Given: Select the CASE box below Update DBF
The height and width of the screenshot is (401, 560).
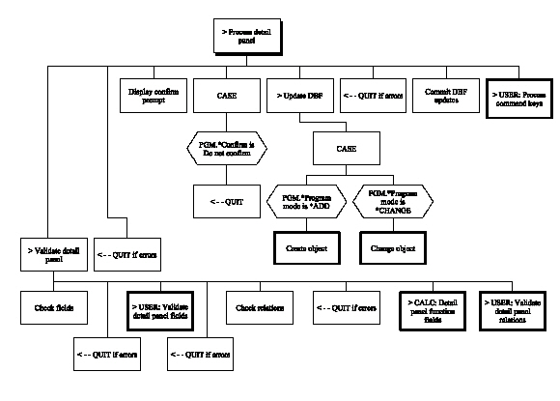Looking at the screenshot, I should point(346,150).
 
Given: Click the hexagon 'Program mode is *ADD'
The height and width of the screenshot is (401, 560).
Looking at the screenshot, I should point(304,203).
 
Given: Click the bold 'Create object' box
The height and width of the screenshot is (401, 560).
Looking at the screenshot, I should point(304,248).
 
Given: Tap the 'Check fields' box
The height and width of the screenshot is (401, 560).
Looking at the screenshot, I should point(55,308).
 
